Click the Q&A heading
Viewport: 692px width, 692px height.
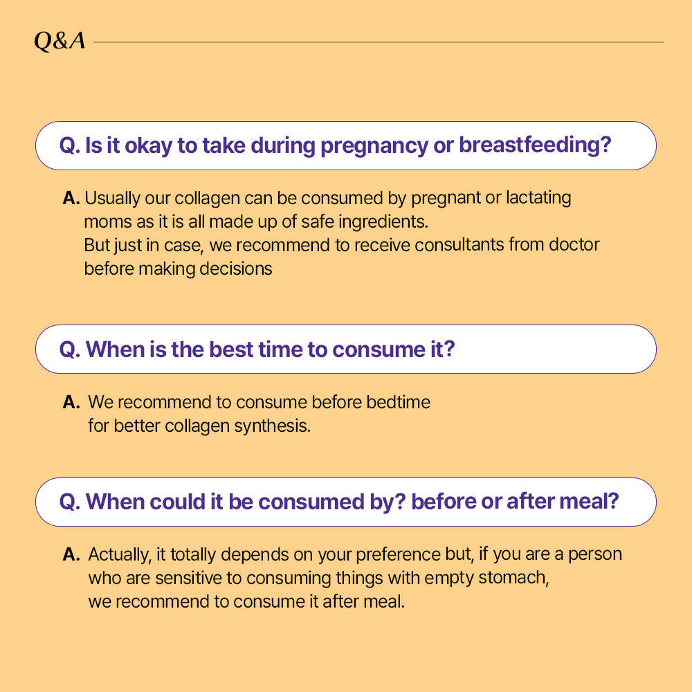60,42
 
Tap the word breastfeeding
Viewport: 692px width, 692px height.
535,146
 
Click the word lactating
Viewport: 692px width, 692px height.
538,198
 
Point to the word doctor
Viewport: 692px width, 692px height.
574,244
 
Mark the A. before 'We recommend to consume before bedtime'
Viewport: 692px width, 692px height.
71,402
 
